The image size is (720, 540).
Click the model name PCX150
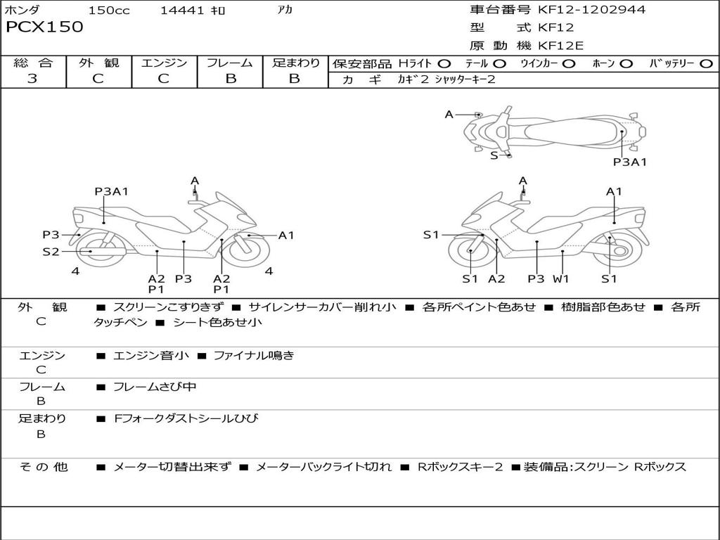point(44,27)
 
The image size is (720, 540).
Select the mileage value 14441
point(182,10)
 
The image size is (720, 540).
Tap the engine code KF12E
point(560,46)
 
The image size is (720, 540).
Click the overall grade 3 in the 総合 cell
point(32,79)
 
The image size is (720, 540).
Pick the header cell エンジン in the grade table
point(164,63)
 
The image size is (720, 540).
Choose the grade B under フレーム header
point(231,79)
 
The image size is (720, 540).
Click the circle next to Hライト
point(444,64)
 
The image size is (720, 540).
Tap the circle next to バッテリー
point(706,64)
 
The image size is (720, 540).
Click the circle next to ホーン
point(626,64)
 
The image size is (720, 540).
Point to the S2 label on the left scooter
point(51,251)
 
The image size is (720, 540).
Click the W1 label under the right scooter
point(560,278)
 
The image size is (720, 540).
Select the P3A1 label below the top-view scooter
point(629,162)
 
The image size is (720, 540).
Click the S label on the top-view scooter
point(494,155)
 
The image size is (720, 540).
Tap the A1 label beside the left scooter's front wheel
point(286,235)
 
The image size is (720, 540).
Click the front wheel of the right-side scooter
point(470,251)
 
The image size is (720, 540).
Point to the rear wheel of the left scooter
point(101,250)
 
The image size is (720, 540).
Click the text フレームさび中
point(155,387)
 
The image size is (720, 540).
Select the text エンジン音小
point(150,355)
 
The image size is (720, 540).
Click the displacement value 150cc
point(109,10)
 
